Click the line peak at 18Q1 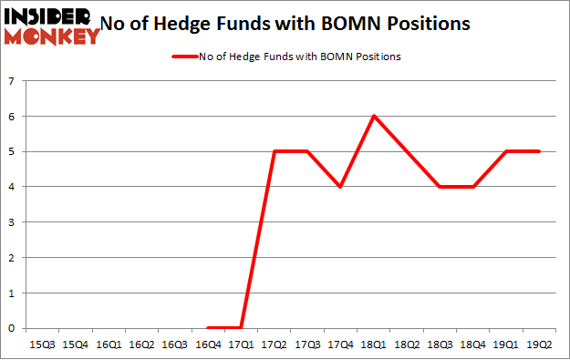tap(374, 116)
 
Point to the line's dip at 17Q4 tap(340, 187)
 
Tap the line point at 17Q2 tap(275, 151)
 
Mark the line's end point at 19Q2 tap(540, 151)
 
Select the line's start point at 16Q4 tap(208, 328)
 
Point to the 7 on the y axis tap(12, 81)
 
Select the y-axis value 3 tap(12, 222)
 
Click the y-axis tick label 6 tap(12, 117)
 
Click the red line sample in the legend tap(185, 57)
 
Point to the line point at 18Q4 tap(473, 187)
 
